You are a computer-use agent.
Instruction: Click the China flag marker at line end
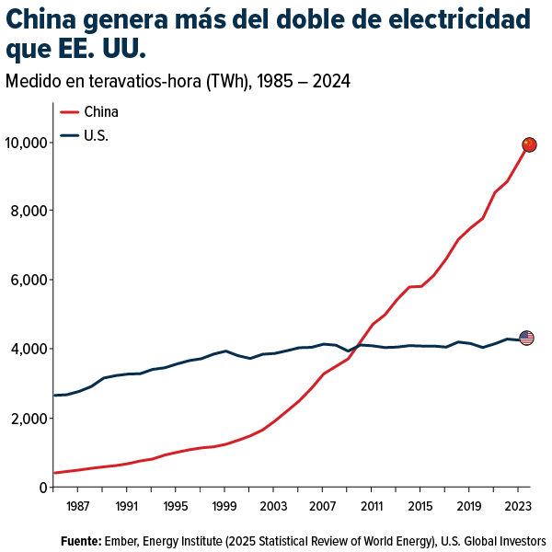529,144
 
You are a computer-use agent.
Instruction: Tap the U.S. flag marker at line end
526,338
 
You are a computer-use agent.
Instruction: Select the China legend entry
100,112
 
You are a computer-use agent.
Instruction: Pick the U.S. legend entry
96,136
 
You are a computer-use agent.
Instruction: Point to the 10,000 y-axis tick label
26,143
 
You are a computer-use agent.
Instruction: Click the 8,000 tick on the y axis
29,211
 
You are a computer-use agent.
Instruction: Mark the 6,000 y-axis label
29,280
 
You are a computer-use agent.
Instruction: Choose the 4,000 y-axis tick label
29,350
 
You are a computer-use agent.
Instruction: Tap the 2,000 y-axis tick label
29,419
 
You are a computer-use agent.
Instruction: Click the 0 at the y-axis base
42,488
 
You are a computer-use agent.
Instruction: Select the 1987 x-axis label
78,506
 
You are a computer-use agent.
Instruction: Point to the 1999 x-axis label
224,506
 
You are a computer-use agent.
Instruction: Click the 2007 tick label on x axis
322,506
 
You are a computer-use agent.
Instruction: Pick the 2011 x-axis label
371,506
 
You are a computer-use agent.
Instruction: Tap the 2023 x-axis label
517,506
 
